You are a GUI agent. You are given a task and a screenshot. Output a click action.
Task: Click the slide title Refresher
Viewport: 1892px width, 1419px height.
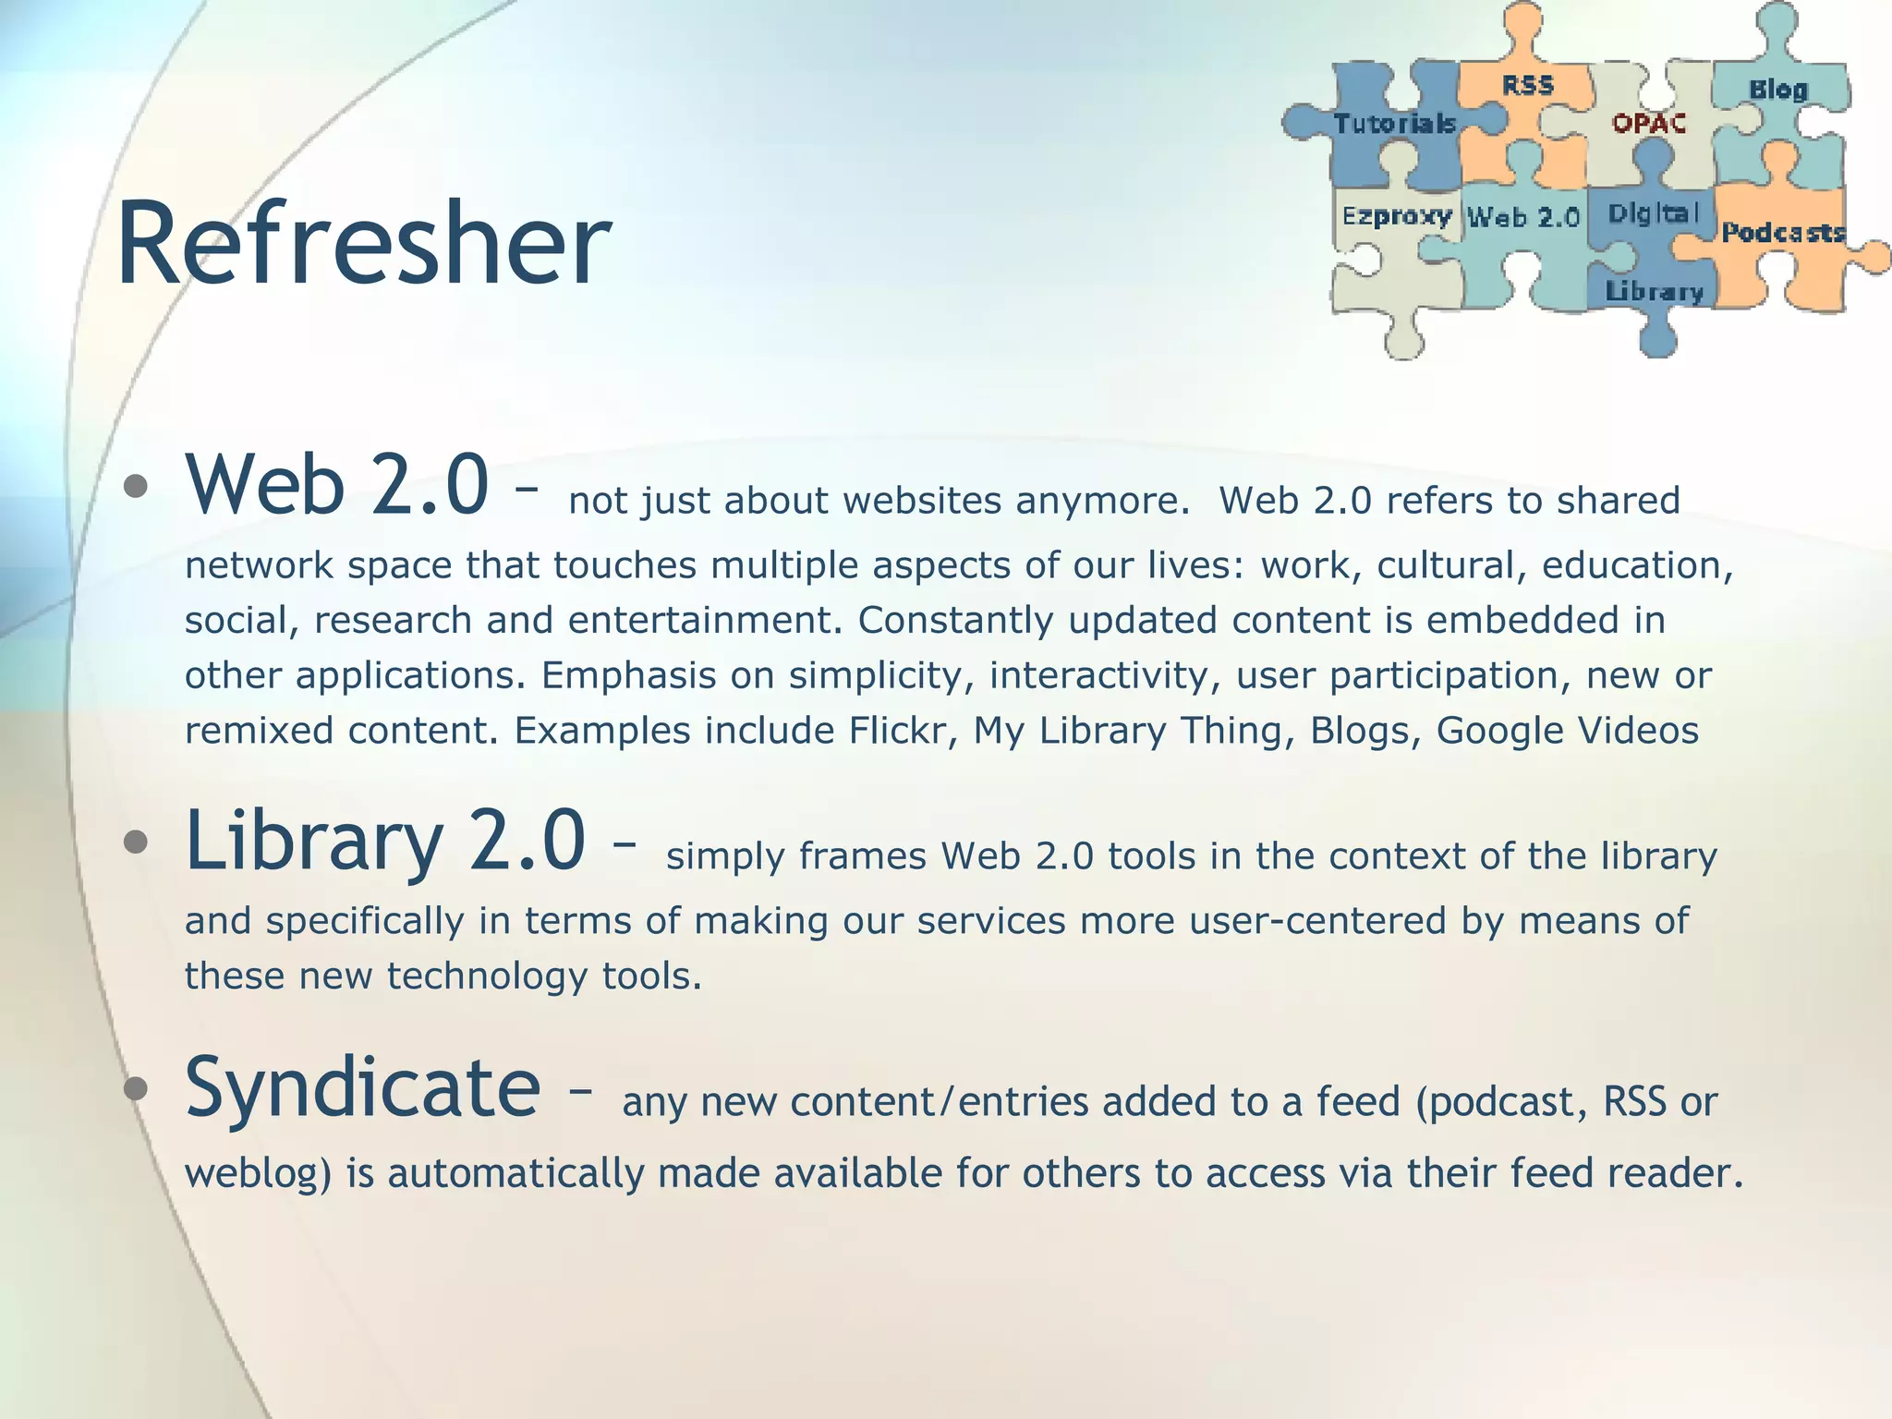click(363, 245)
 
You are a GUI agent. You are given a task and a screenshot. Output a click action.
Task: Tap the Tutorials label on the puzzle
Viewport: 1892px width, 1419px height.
click(1394, 124)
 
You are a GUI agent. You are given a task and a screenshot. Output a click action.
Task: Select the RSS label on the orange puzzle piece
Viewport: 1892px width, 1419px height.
click(1527, 86)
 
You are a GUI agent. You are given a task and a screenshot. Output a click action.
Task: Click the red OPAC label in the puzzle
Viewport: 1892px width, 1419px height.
click(1649, 123)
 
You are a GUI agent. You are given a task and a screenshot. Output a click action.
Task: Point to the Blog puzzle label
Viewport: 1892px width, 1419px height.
click(1777, 90)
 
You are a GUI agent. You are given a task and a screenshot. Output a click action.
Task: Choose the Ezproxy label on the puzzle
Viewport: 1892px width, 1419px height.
click(1396, 216)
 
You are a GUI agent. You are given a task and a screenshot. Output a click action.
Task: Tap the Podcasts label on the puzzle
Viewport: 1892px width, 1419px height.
click(1782, 232)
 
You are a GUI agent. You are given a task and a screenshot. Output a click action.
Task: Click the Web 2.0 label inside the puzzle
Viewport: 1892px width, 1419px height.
click(1523, 218)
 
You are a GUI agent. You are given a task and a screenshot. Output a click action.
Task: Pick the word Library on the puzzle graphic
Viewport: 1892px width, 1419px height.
click(1654, 292)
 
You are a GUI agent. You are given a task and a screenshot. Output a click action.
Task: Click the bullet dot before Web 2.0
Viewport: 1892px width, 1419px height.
click(136, 486)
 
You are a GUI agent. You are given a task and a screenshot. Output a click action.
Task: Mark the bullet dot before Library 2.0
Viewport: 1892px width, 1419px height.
click(136, 842)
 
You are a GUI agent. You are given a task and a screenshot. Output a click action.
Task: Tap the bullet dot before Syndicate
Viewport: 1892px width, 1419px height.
click(136, 1088)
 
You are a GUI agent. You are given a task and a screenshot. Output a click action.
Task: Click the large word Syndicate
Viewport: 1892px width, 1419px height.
click(362, 1087)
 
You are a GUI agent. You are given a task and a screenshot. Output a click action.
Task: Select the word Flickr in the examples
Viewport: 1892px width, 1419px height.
click(901, 731)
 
